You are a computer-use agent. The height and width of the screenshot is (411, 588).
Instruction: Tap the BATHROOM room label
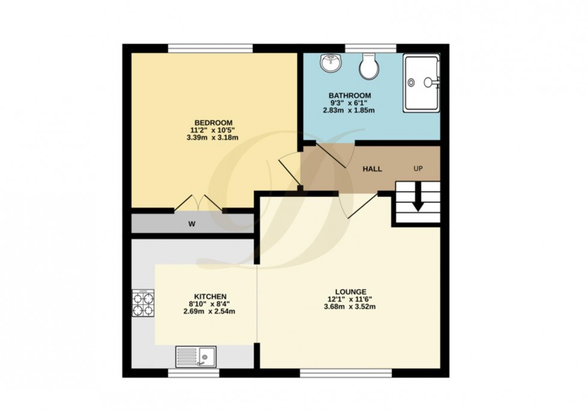point(349,95)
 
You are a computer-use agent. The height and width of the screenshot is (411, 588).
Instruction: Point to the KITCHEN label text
point(210,296)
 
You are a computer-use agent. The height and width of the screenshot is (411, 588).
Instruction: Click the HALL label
point(372,169)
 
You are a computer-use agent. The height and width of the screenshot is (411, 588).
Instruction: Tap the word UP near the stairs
point(418,169)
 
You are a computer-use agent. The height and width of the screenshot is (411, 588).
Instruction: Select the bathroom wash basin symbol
point(329,63)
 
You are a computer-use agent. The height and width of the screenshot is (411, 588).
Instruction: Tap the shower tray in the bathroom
point(421,83)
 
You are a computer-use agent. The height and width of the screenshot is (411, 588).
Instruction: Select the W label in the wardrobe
point(192,224)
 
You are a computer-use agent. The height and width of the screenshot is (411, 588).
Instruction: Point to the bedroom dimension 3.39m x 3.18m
point(212,137)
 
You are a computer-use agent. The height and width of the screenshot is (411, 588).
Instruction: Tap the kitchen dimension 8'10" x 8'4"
point(210,304)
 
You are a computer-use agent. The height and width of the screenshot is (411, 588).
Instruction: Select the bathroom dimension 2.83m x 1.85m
point(349,110)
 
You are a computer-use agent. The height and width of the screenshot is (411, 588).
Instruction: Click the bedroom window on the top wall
point(210,48)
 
